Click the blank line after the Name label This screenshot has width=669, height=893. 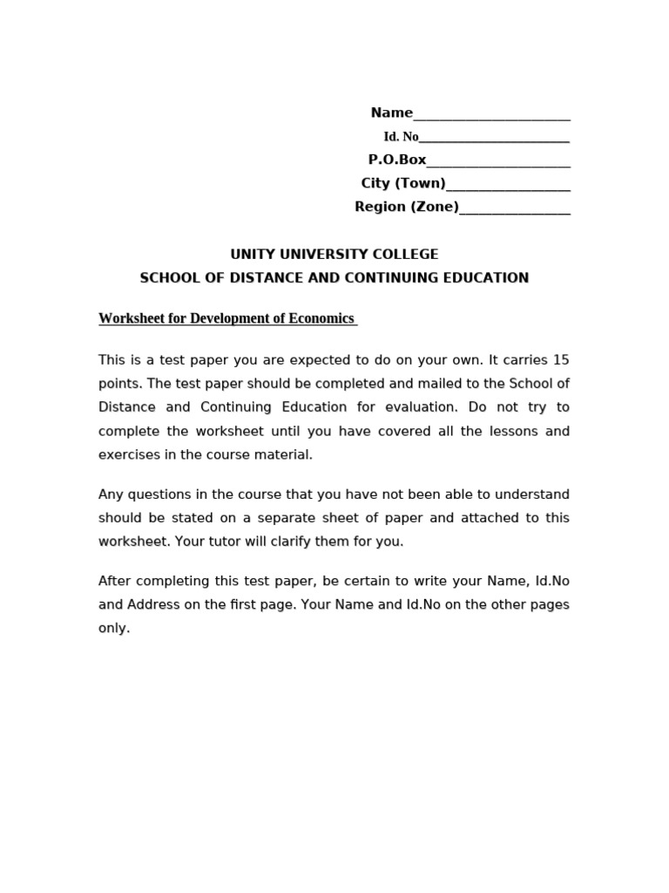coord(491,114)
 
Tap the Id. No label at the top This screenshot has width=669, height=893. coord(401,137)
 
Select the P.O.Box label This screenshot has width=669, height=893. coord(397,160)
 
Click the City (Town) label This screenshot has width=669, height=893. coord(402,183)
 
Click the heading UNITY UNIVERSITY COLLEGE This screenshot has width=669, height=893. coord(334,255)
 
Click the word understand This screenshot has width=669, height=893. coord(534,494)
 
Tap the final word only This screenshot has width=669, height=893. coord(113,628)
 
